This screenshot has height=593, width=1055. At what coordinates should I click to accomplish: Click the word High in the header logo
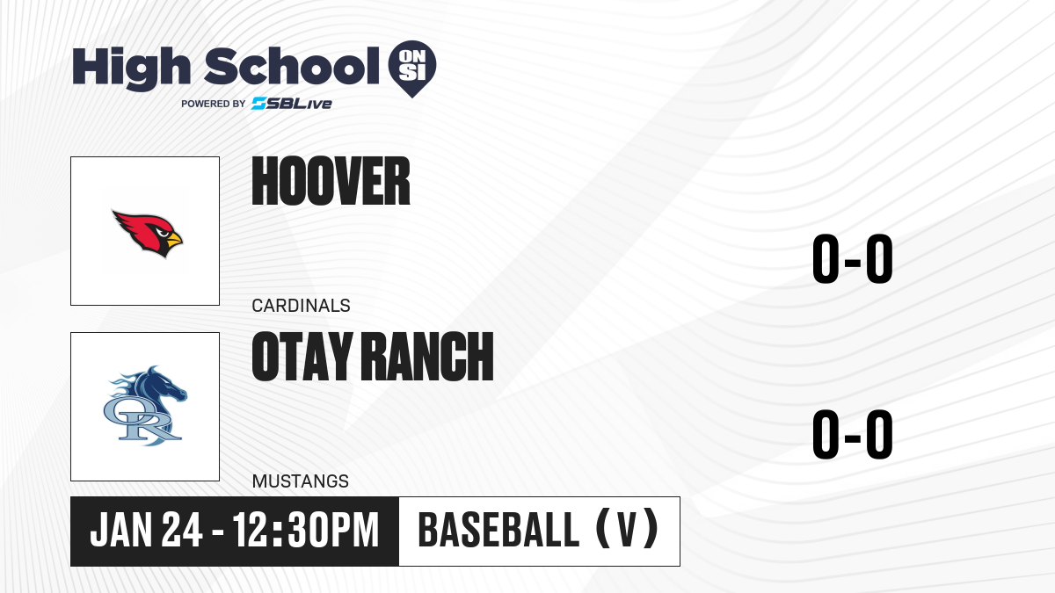tap(131, 69)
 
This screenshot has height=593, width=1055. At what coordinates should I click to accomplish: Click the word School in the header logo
tap(292, 65)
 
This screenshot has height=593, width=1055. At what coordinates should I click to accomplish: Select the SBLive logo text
tap(292, 104)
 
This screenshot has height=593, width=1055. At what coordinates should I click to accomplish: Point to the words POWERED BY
tap(214, 104)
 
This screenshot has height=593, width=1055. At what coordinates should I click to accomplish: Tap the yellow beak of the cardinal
tap(174, 239)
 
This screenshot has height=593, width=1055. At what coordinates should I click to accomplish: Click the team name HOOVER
tap(331, 181)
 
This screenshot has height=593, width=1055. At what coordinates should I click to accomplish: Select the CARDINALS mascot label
tap(301, 306)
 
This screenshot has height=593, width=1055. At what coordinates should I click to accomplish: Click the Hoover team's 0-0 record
tap(853, 259)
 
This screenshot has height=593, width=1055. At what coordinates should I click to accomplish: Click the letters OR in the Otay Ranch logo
tap(142, 420)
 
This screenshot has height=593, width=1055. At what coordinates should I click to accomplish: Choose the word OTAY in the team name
tap(302, 356)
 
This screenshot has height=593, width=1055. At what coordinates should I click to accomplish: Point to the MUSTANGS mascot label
tap(301, 481)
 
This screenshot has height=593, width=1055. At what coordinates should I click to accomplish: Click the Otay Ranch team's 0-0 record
tap(853, 434)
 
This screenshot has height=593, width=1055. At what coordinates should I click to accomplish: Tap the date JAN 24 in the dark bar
tap(146, 531)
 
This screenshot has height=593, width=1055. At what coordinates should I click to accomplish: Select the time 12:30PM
tap(306, 531)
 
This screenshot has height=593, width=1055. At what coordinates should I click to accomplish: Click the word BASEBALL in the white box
tap(498, 531)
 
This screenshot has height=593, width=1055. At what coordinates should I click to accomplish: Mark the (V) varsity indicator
tap(627, 530)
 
